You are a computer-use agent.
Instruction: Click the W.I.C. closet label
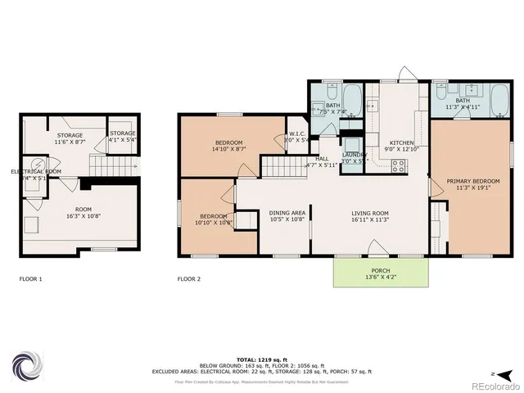click(296, 137)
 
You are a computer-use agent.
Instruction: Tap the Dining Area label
click(287, 215)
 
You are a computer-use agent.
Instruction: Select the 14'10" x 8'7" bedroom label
click(216, 145)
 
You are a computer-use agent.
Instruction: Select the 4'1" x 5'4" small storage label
click(123, 136)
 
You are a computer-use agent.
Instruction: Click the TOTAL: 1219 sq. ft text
click(260, 360)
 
